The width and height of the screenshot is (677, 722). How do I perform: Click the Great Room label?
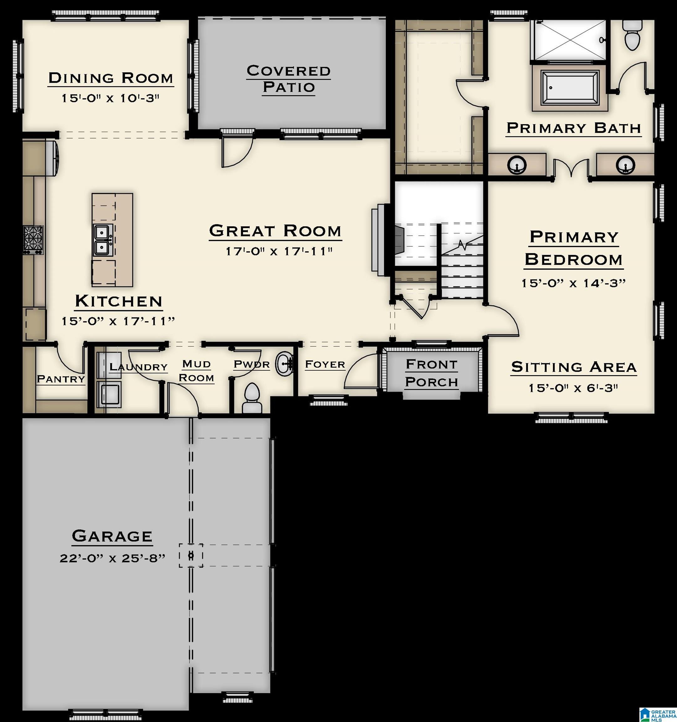point(275,231)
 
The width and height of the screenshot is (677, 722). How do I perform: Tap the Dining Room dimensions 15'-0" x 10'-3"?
point(110,98)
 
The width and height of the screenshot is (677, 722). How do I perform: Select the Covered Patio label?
point(289,79)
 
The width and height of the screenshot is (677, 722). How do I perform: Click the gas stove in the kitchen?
point(34,240)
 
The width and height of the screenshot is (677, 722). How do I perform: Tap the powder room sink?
point(284,363)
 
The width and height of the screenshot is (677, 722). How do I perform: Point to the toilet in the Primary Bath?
point(632,35)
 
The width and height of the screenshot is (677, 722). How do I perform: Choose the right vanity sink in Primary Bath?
point(625,165)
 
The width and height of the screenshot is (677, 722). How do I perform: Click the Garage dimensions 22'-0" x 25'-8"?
point(112,558)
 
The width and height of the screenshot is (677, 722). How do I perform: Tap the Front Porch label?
point(431,373)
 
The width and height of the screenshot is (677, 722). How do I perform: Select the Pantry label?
point(61,379)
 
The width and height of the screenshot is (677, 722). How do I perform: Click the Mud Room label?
point(196,371)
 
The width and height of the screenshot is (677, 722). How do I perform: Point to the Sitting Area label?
point(574,367)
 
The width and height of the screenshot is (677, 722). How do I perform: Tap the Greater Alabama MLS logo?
point(657,714)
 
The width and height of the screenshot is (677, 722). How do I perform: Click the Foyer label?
point(325,364)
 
